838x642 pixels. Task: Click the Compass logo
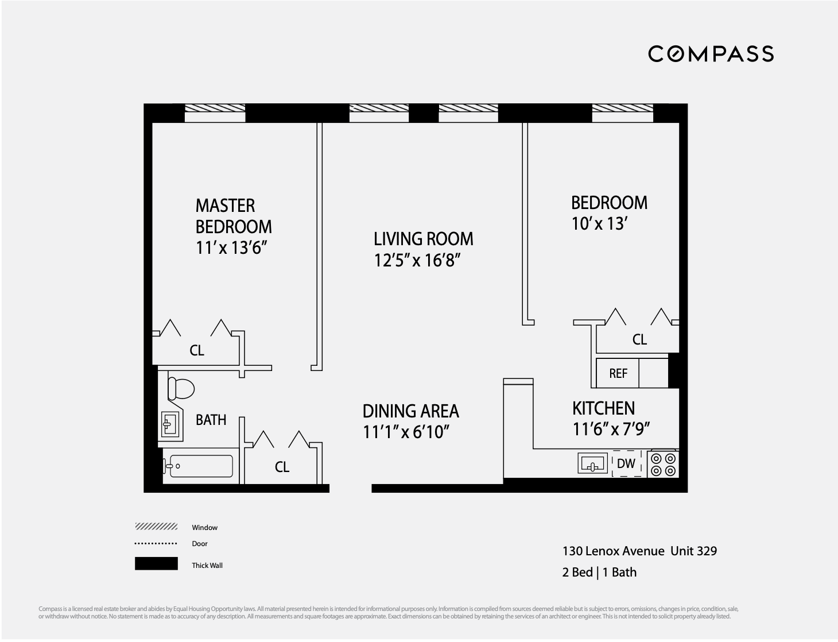(711, 54)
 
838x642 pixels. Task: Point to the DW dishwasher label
(626, 463)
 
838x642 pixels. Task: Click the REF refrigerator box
(618, 373)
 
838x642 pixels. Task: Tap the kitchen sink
(592, 463)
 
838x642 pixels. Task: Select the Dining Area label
(410, 411)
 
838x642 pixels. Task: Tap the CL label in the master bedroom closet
(197, 350)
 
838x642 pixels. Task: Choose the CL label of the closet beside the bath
(282, 467)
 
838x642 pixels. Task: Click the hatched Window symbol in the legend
(156, 527)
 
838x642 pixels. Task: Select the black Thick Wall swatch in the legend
(156, 564)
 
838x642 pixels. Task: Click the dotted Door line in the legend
(156, 543)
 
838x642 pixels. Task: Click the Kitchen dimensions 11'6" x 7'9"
(611, 430)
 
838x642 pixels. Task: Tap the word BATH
(211, 420)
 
